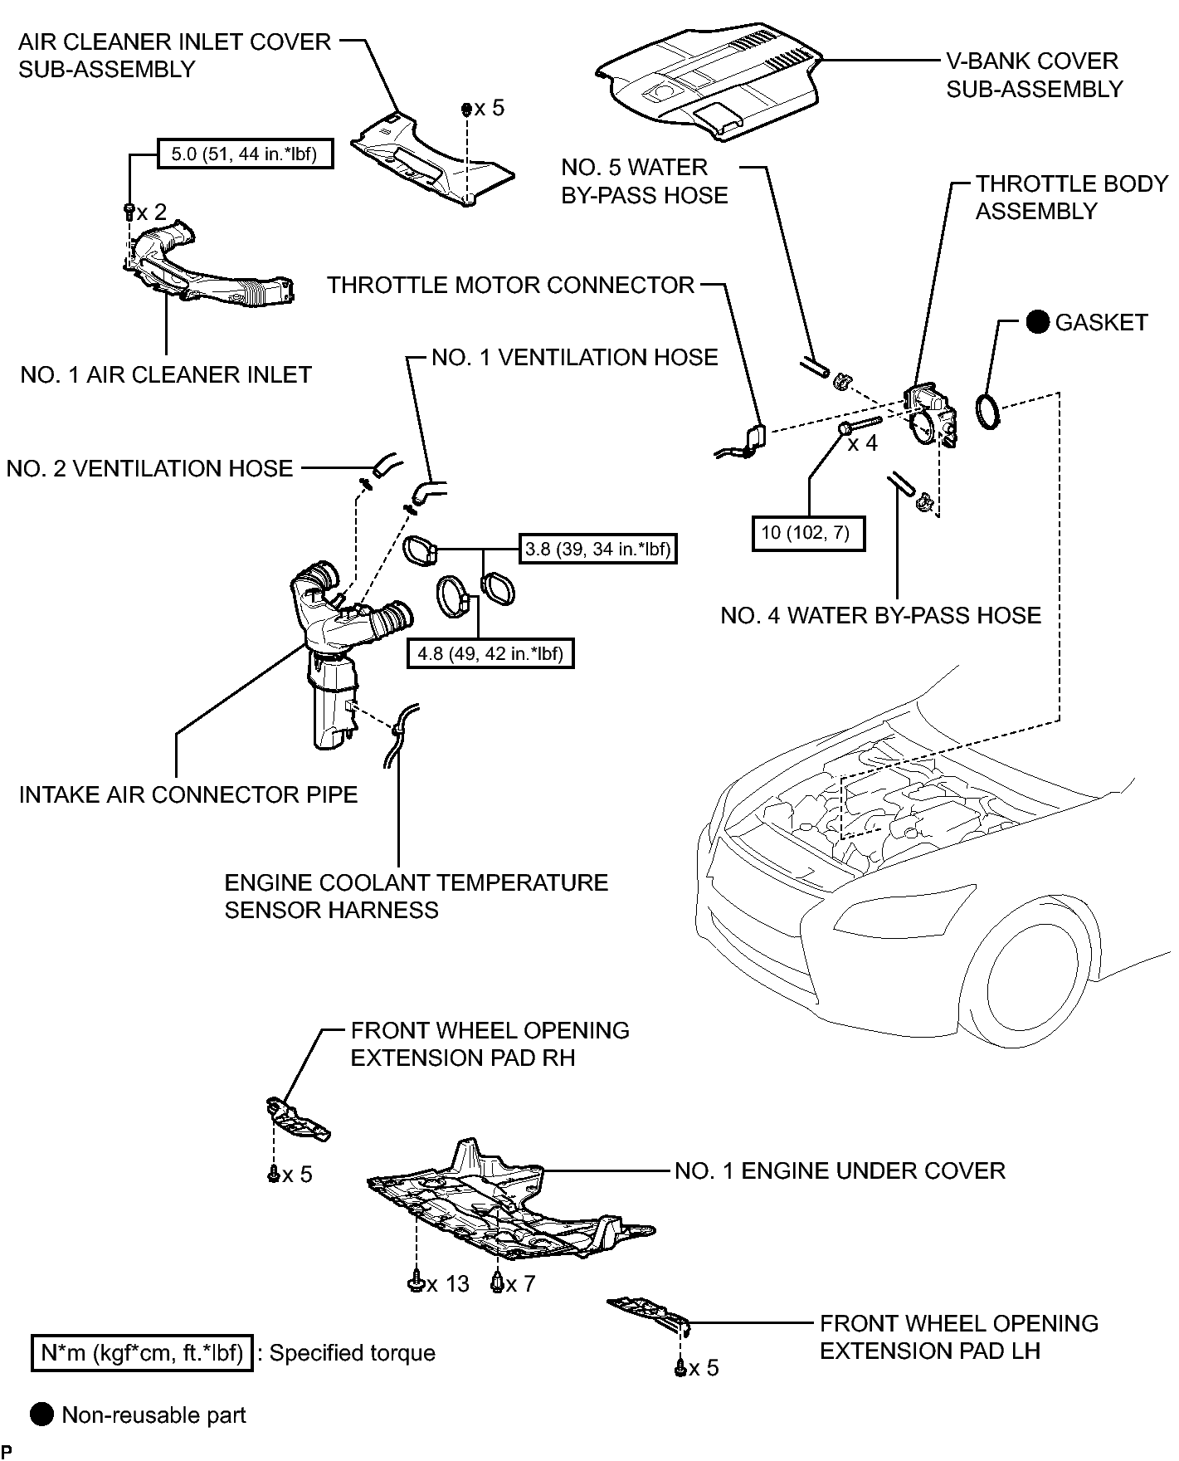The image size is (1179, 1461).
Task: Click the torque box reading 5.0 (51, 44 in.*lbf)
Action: [x=245, y=154]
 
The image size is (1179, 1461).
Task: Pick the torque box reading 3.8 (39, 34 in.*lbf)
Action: [x=598, y=548]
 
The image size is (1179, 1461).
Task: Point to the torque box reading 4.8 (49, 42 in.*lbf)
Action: [x=490, y=652]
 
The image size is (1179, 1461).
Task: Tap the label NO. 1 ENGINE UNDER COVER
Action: [x=840, y=1170]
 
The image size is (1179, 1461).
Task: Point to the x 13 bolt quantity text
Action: [x=448, y=1283]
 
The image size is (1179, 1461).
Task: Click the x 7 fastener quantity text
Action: [x=520, y=1283]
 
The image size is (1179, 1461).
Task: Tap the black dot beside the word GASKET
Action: [x=1038, y=322]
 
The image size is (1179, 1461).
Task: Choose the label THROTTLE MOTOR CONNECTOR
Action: [x=510, y=285]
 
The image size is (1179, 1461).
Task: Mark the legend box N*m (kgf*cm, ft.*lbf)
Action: [x=142, y=1353]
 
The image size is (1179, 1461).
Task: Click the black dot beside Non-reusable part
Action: [x=41, y=1415]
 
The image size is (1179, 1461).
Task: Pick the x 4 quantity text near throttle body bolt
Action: [x=862, y=443]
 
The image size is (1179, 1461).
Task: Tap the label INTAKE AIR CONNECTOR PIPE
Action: [x=188, y=794]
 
